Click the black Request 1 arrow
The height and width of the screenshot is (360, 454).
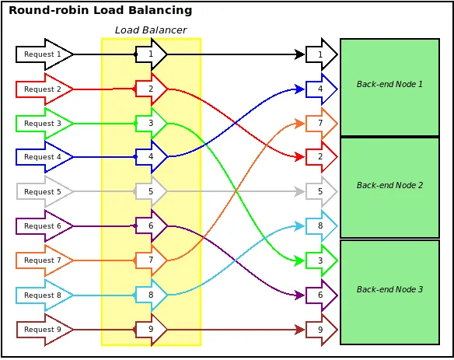pos(44,54)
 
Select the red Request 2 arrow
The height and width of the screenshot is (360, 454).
pos(44,89)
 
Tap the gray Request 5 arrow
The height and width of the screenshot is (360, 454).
pos(44,191)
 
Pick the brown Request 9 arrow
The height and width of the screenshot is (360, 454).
pos(44,330)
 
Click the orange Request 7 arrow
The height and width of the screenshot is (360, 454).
pos(44,260)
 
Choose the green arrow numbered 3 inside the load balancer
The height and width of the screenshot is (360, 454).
pos(151,124)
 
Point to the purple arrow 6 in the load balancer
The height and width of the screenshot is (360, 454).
pos(151,226)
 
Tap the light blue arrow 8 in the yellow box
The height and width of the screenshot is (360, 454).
pos(151,295)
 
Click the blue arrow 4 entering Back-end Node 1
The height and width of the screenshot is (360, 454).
pos(321,89)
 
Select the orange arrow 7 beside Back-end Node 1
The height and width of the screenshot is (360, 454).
pos(321,124)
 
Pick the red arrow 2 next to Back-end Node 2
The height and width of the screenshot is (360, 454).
pos(321,157)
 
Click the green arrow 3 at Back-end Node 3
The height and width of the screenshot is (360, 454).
pos(321,260)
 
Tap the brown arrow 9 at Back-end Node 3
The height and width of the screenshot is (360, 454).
pos(321,330)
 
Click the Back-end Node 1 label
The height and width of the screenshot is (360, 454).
pos(389,84)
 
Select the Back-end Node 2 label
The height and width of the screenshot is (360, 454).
pos(389,185)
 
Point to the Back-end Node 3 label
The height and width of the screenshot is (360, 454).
pos(389,289)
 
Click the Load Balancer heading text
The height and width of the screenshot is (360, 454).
pos(151,30)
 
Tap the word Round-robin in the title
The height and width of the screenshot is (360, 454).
pos(49,10)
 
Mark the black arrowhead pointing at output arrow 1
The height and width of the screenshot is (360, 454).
pos(299,54)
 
